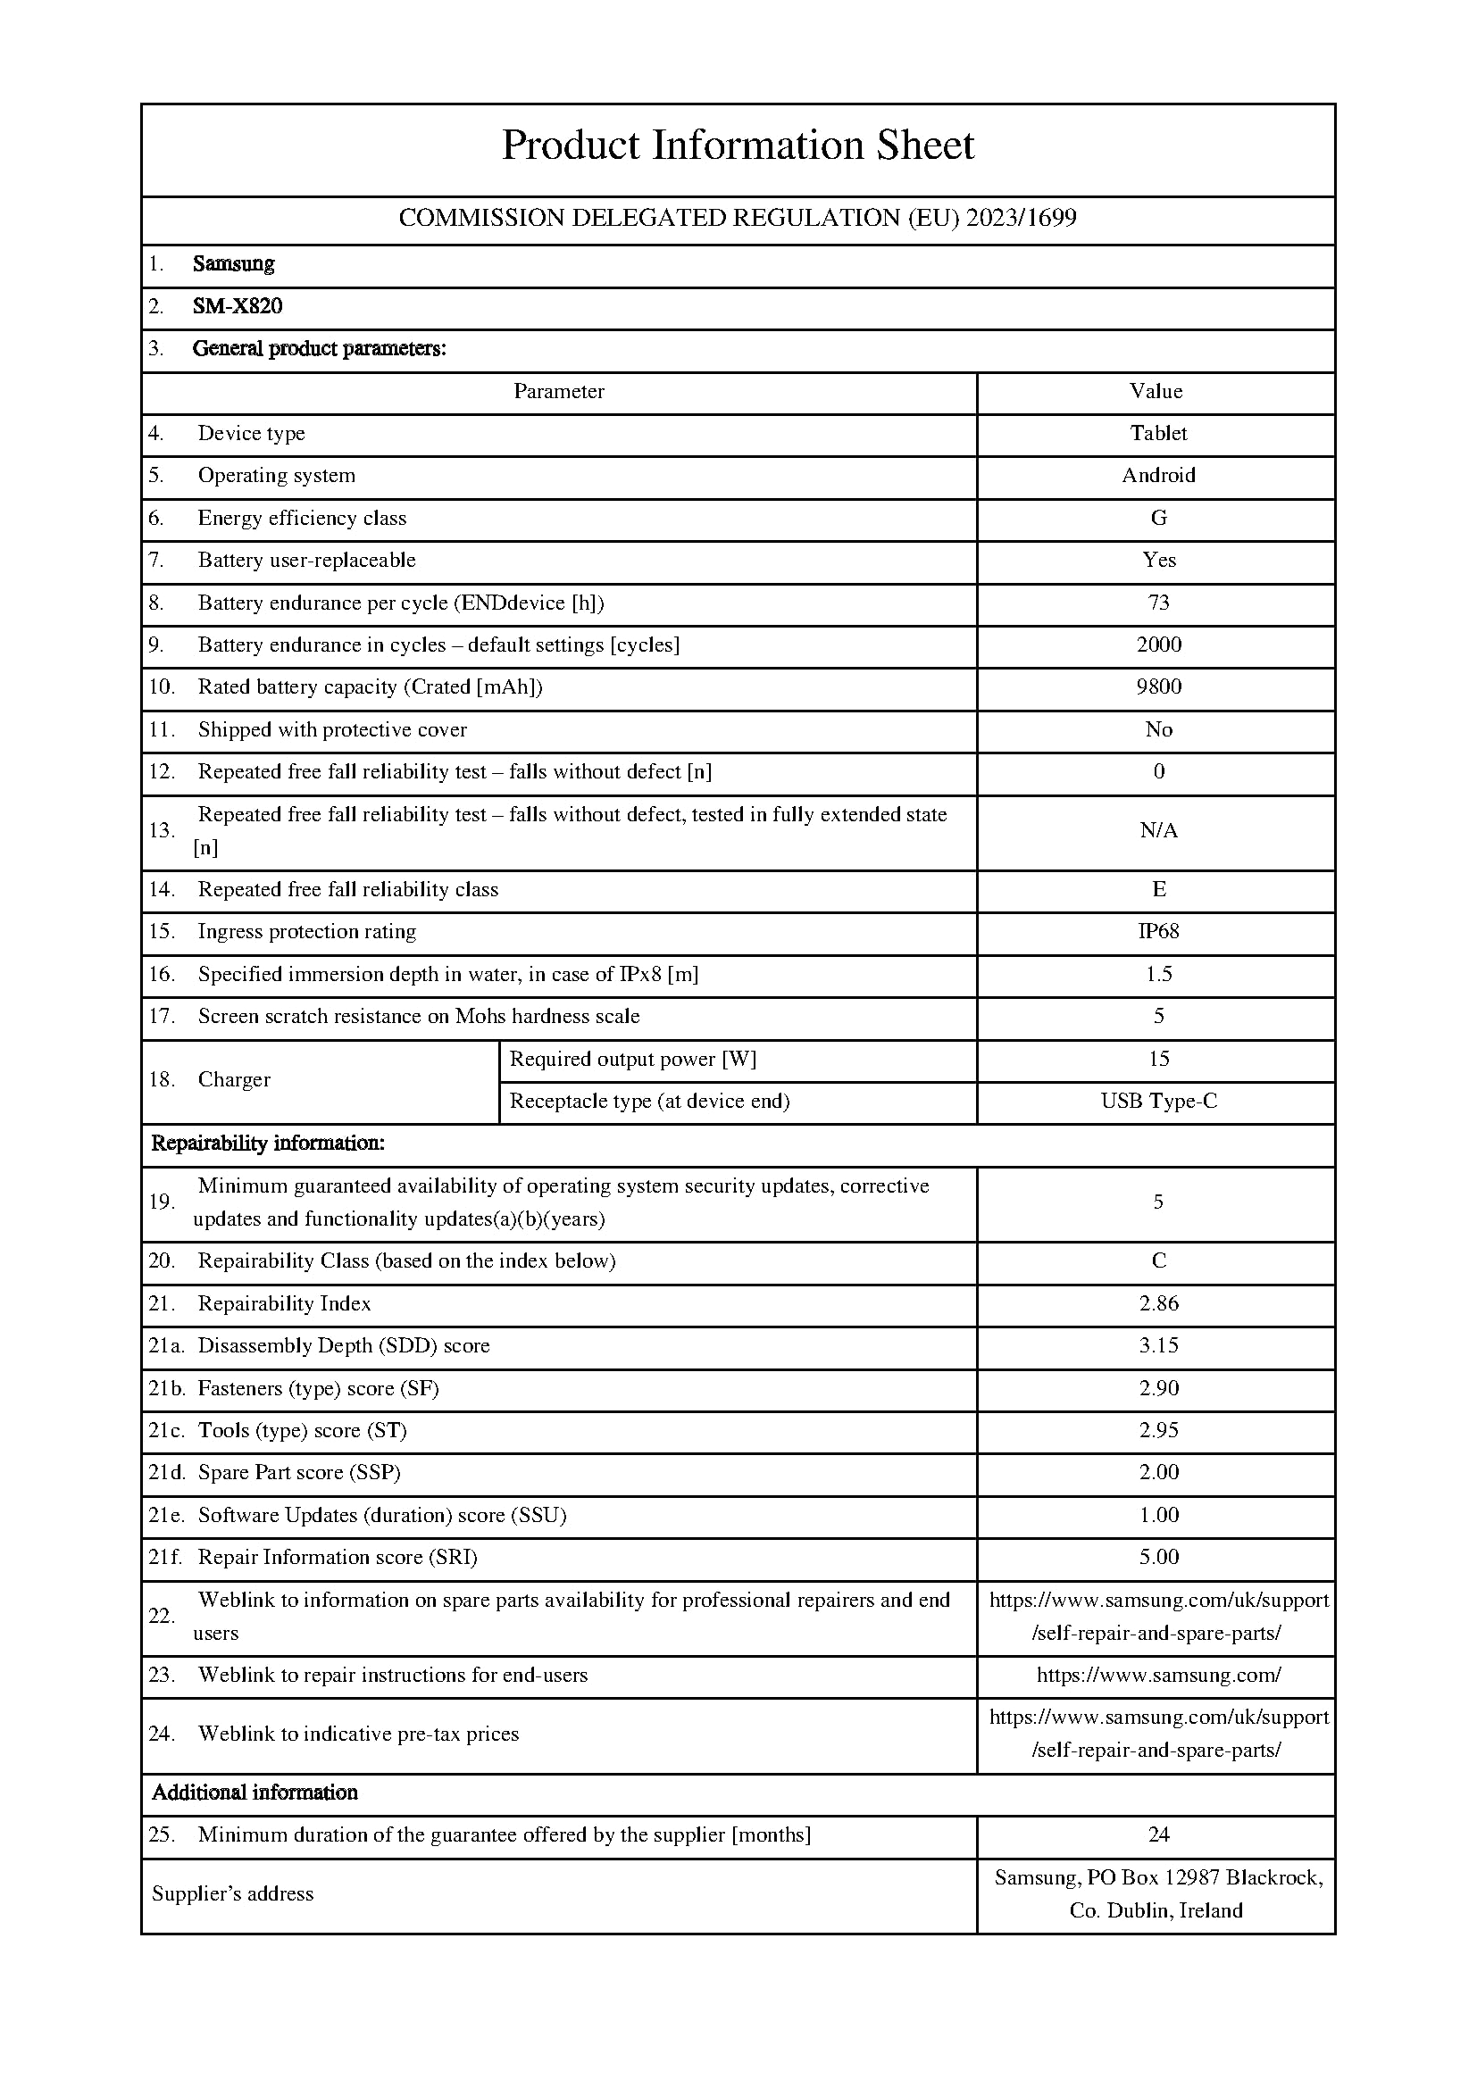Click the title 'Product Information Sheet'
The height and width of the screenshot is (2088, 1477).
738,146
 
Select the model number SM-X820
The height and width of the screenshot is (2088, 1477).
238,306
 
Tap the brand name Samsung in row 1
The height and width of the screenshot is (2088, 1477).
233,263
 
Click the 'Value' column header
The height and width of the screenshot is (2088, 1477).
1156,391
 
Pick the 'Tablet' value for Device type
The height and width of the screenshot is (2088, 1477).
1159,433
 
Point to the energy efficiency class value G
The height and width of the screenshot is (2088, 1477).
1159,518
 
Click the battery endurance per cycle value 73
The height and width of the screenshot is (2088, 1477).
1159,602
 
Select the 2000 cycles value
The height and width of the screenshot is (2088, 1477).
1159,645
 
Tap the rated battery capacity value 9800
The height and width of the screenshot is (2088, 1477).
1159,686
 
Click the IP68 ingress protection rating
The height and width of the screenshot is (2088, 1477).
1159,931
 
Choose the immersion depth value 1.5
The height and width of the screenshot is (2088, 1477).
1159,974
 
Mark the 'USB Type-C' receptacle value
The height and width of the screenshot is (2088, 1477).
1159,1102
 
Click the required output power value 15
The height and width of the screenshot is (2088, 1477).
1159,1059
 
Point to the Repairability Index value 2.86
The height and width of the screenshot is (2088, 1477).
1159,1303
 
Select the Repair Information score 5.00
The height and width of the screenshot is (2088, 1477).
1159,1557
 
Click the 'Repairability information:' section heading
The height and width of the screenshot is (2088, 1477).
267,1144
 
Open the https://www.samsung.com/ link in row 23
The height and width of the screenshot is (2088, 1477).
1159,1675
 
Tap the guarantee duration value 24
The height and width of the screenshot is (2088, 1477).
1159,1834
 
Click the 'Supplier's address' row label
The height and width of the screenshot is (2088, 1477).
233,1893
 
